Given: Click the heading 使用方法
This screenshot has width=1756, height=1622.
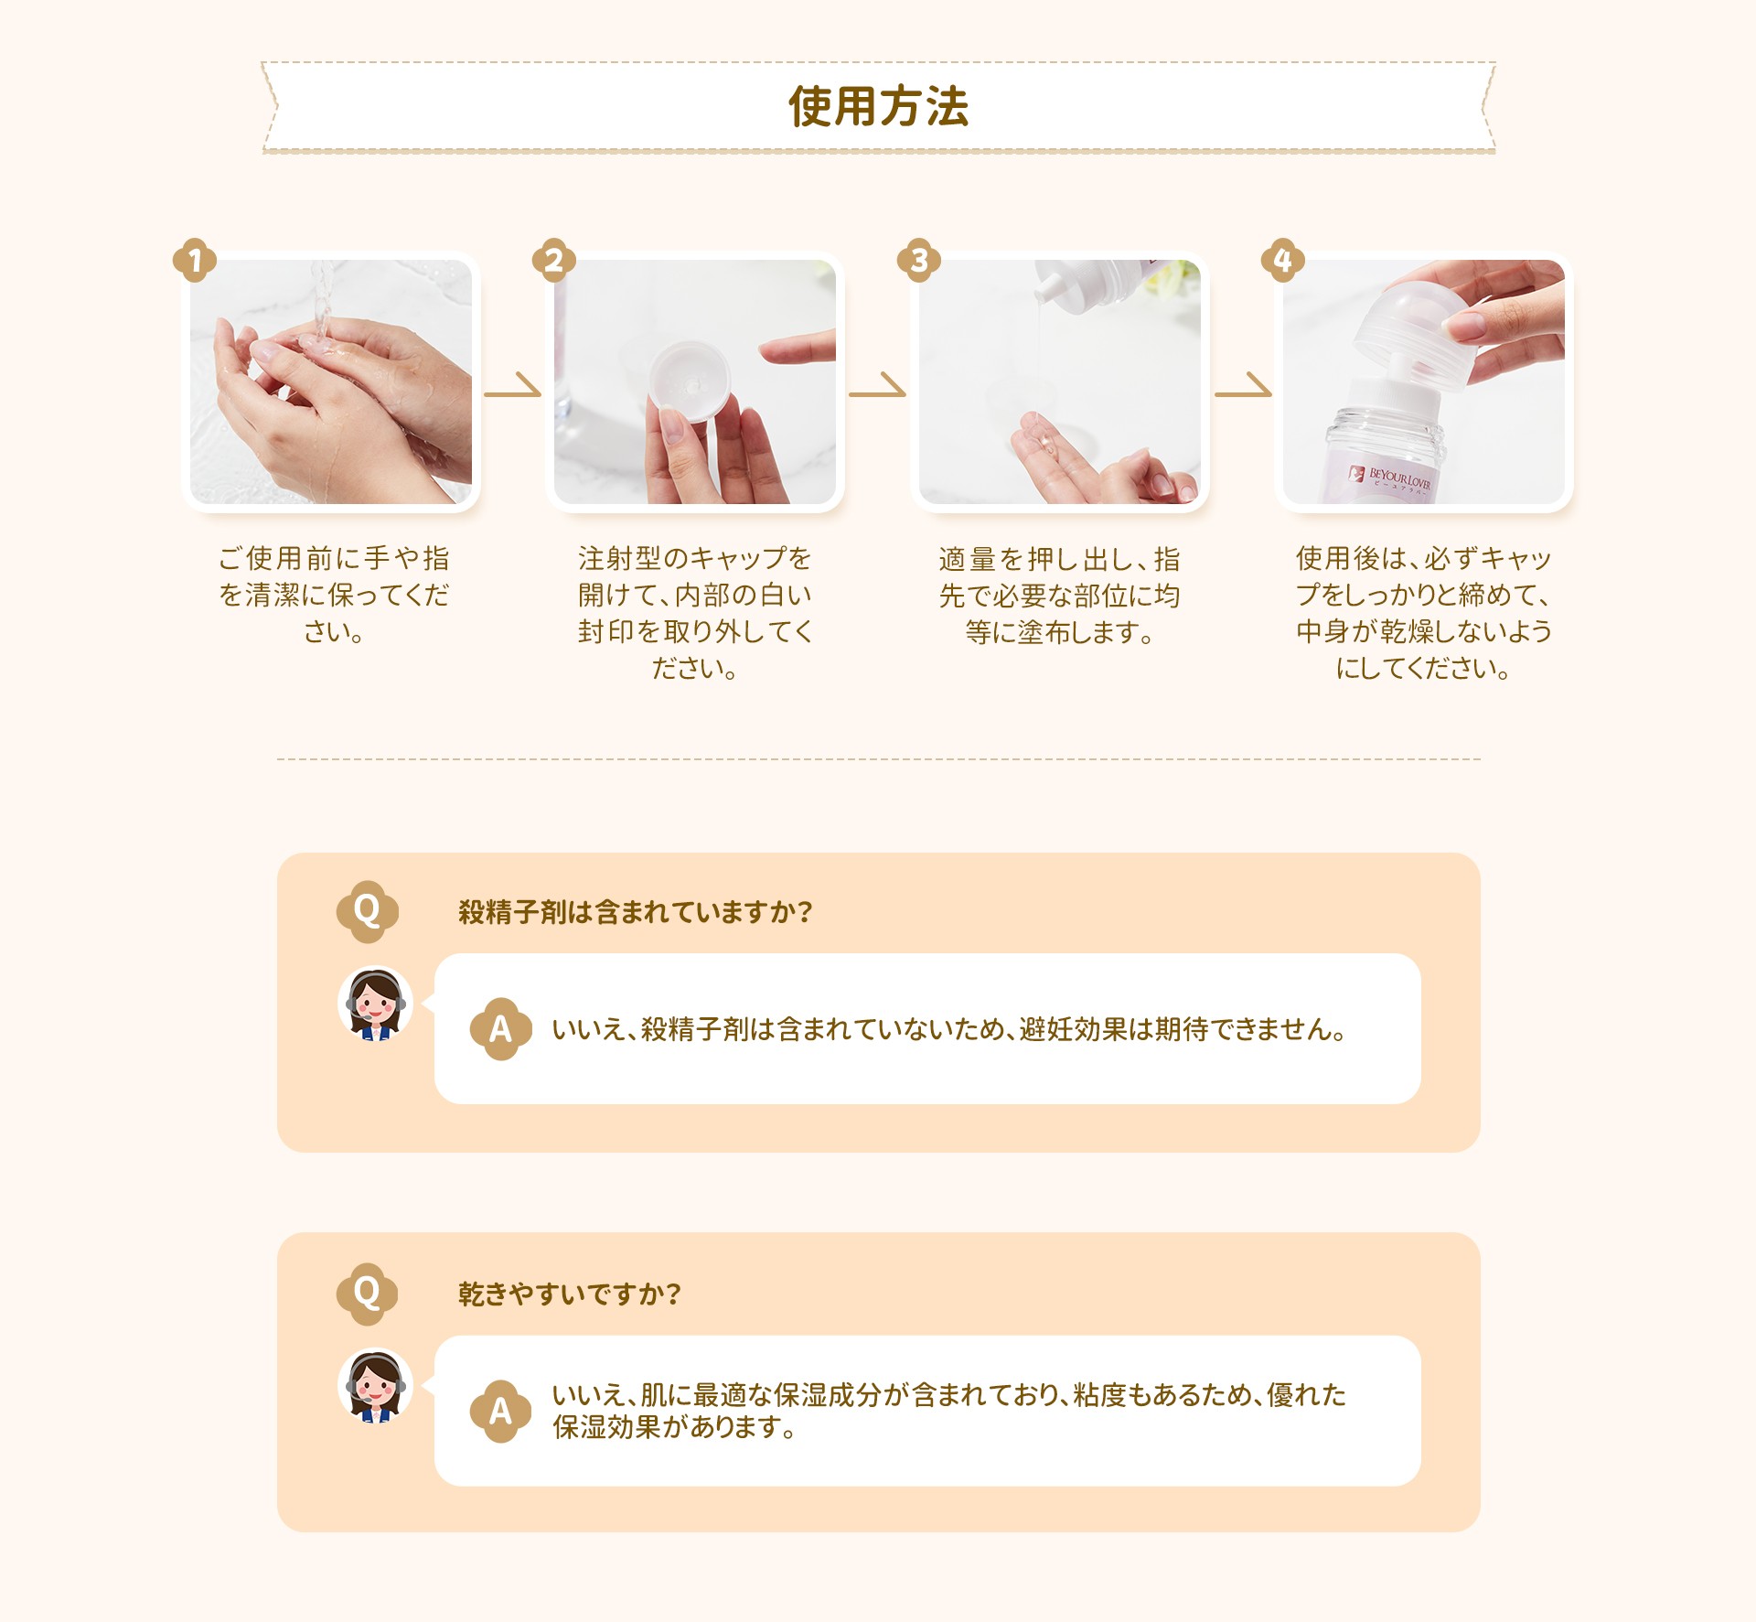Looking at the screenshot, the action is [878, 106].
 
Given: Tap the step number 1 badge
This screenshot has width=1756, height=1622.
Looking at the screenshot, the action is [195, 261].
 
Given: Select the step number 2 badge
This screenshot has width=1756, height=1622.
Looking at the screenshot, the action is [554, 261].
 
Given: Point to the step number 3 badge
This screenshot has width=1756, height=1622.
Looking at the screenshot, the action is [919, 261].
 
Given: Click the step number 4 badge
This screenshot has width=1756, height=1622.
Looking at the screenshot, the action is [1283, 261].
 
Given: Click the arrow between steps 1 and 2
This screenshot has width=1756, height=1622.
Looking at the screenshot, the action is [513, 386].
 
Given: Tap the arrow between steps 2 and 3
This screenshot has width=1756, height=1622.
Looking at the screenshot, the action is [877, 386].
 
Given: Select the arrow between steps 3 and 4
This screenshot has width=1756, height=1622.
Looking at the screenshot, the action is [1243, 386].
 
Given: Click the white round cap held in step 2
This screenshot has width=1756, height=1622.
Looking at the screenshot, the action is [691, 381].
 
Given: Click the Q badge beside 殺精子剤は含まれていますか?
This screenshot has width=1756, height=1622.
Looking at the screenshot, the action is [367, 911].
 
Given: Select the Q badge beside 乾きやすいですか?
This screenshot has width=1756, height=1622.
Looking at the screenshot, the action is [367, 1294].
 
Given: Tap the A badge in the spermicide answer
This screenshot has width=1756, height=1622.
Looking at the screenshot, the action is [500, 1029].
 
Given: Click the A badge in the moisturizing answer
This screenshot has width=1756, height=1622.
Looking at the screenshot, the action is [500, 1411].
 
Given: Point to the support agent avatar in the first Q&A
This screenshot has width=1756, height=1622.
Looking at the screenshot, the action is [375, 1004].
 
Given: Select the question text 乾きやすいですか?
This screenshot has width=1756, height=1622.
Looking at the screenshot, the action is [570, 1294].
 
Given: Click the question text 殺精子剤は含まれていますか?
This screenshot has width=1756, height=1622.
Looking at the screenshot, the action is [636, 912].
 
